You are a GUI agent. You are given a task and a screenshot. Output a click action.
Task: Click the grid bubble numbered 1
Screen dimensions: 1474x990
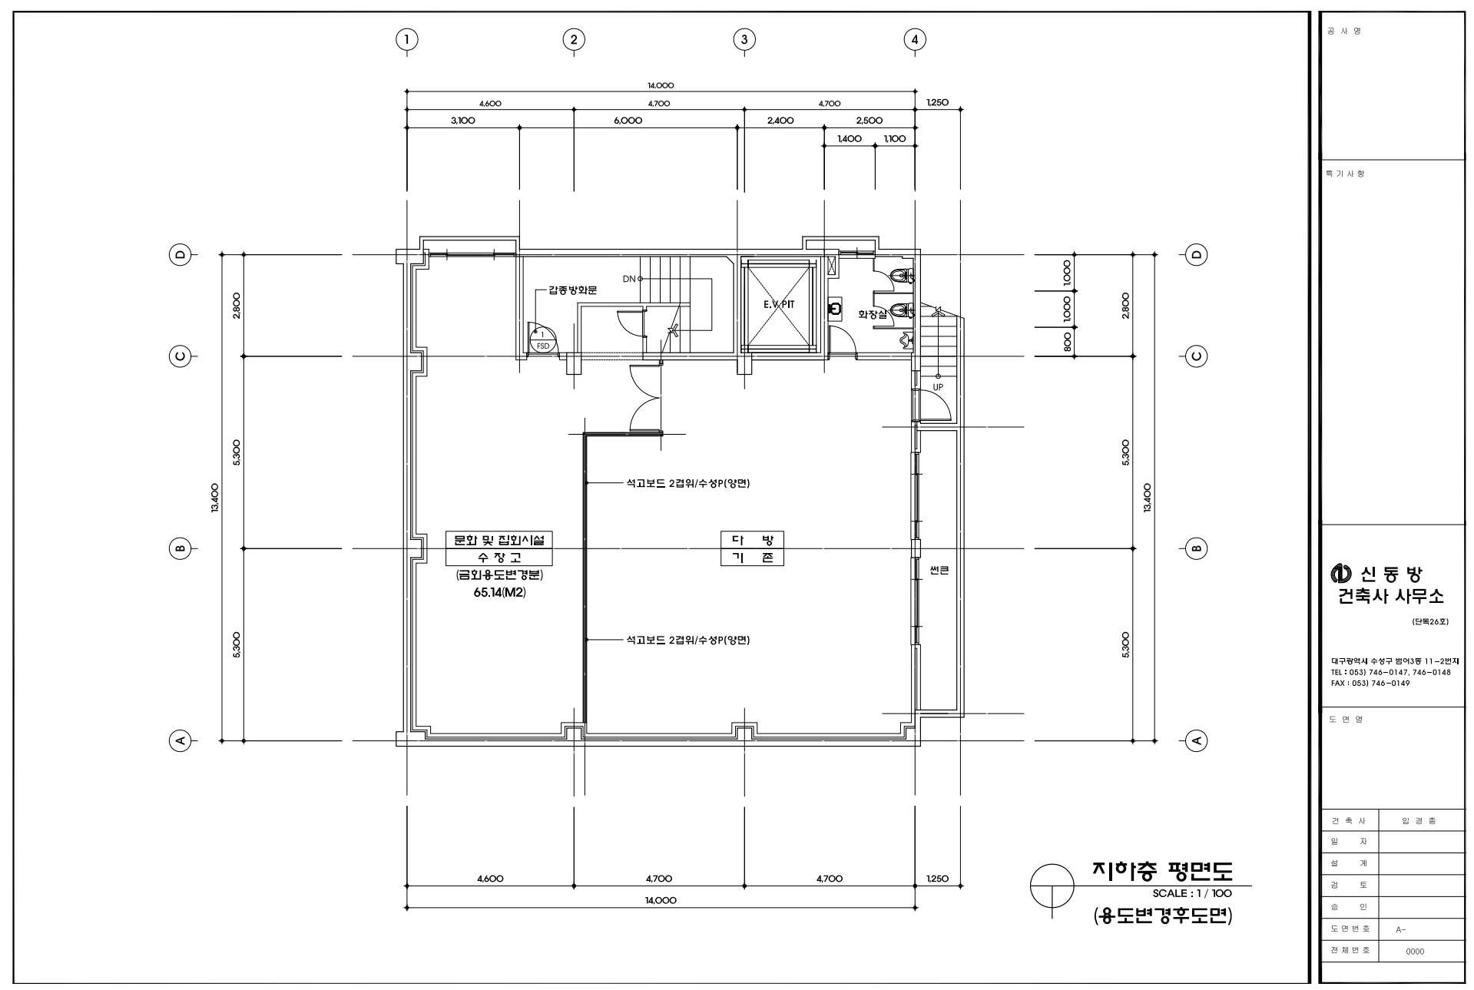[x=406, y=39]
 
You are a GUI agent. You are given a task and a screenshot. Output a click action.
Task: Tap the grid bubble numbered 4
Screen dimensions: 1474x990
[x=914, y=39]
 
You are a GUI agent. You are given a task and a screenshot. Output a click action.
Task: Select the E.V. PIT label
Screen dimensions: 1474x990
[x=779, y=305]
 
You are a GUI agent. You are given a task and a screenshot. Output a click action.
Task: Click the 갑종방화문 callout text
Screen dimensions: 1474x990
[x=572, y=290]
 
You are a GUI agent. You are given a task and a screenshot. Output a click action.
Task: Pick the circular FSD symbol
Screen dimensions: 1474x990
[x=542, y=339]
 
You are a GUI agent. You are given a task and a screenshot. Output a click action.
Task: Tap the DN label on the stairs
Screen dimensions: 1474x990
[x=629, y=279]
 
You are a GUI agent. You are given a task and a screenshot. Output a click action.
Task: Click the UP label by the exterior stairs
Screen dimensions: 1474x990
[x=938, y=387]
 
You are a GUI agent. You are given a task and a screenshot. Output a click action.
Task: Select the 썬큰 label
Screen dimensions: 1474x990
[x=939, y=571]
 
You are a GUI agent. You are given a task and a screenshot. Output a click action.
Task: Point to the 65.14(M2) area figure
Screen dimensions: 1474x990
[x=499, y=593]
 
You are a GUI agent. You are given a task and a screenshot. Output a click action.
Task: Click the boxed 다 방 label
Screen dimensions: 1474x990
[x=752, y=540]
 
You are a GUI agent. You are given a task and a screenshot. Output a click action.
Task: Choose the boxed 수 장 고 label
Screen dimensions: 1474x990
[x=499, y=558]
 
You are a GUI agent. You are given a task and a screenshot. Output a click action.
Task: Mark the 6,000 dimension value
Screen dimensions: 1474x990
[x=628, y=121]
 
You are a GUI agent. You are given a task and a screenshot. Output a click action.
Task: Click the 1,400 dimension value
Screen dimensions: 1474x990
[x=850, y=139]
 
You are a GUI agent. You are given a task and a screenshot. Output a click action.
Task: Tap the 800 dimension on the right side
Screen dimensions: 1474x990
[x=1068, y=343]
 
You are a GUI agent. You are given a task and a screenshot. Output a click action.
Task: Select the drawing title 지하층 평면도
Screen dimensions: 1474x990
[x=1162, y=870]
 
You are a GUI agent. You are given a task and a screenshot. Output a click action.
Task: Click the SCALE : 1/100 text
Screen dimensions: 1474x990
[x=1192, y=893]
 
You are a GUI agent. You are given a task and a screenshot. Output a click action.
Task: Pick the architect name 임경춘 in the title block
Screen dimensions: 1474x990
[x=1419, y=820]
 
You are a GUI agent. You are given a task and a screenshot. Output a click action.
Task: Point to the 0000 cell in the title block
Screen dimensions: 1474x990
[x=1415, y=952]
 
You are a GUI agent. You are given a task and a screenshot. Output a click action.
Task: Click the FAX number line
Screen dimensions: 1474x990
[x=1370, y=683]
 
